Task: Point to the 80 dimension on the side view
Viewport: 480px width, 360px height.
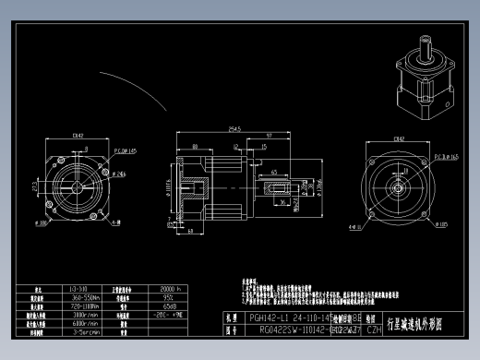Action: click(x=196, y=145)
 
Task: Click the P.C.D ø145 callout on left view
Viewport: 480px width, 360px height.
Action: click(x=125, y=149)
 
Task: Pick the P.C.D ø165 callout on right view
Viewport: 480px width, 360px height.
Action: click(x=448, y=158)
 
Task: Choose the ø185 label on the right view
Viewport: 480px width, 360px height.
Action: click(x=442, y=223)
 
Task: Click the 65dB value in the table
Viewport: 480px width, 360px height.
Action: click(x=171, y=306)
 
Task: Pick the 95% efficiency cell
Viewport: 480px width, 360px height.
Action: click(x=170, y=297)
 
